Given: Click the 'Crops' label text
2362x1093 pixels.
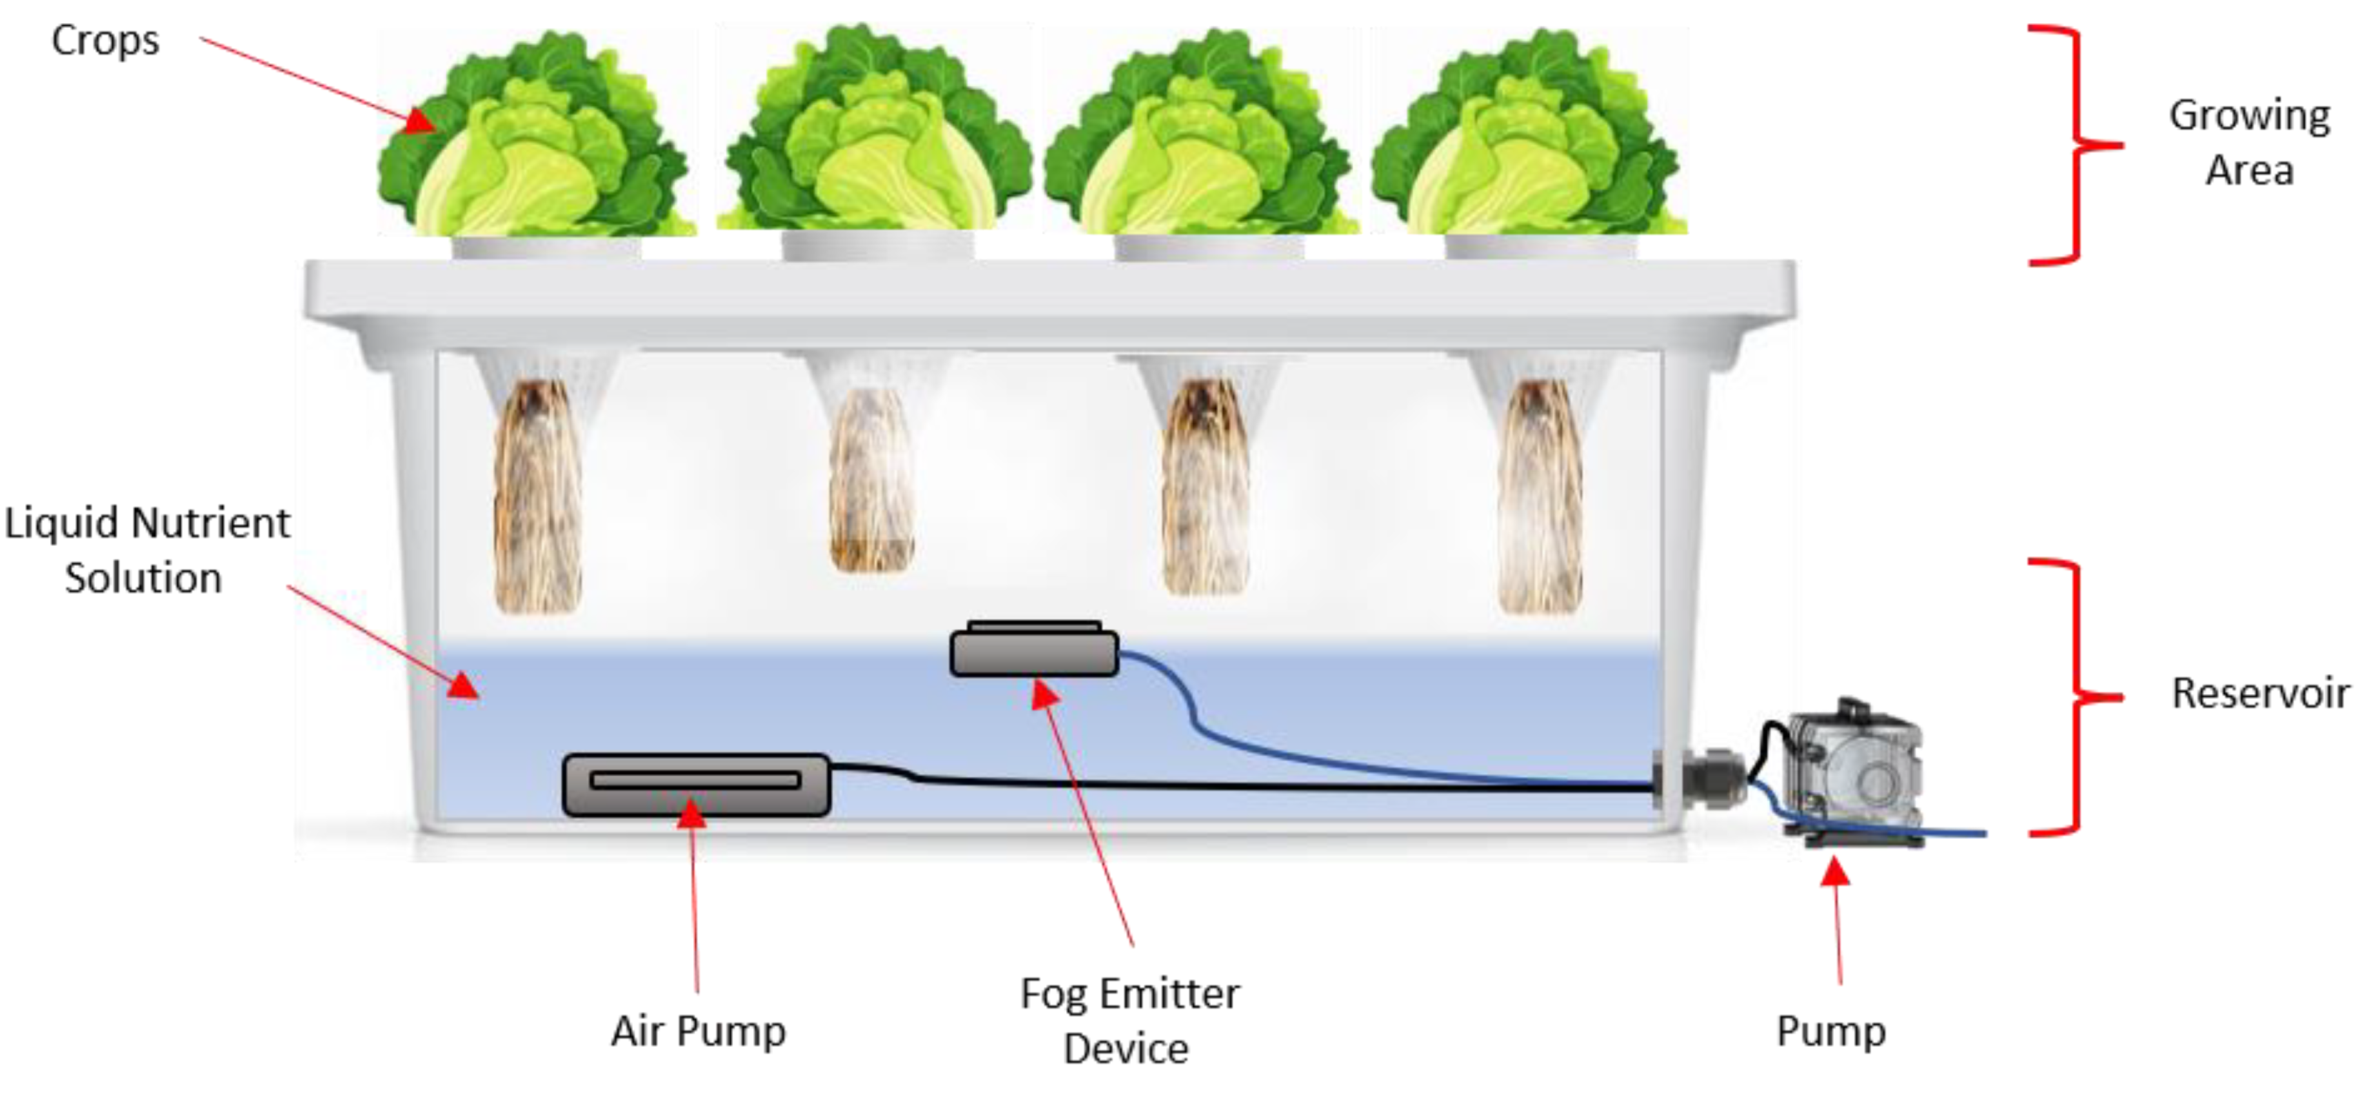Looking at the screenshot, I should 105,41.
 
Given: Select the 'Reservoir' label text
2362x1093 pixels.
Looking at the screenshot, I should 2260,693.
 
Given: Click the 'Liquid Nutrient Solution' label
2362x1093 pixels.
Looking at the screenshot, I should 146,550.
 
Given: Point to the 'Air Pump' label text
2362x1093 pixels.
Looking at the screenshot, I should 699,1030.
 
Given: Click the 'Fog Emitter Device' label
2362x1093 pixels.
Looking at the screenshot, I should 1129,1019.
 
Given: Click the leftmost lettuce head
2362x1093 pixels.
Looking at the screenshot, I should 537,137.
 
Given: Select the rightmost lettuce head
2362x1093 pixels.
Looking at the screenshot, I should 1529,137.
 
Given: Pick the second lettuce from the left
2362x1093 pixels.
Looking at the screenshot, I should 877,133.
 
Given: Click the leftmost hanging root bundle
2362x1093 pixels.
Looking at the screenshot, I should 537,495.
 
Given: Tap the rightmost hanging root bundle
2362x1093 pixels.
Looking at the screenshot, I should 1540,495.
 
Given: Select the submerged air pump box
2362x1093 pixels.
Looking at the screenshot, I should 696,784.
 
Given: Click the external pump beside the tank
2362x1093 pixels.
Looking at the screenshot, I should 1852,775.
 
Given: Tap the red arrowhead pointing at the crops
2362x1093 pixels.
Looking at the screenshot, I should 422,121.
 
